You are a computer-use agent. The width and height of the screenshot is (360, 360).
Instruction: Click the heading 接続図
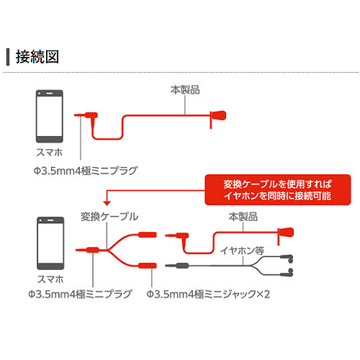pos(37,57)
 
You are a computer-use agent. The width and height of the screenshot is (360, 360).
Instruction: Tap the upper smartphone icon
pos(50,116)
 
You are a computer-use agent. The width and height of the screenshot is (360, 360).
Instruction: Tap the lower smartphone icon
pos(50,243)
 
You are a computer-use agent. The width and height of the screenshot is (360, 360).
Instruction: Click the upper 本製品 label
pos(185,90)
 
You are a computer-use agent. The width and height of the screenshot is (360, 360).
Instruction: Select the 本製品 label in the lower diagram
pos(243,217)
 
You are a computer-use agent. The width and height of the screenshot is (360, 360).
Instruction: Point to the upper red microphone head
pos(218,116)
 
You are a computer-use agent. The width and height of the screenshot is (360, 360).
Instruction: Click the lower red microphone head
pos(286,233)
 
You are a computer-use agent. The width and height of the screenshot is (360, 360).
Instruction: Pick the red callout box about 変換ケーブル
pos(278,189)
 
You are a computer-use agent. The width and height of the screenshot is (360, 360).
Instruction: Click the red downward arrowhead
pos(107,203)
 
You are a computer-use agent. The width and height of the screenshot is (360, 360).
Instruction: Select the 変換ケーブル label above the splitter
pos(109,217)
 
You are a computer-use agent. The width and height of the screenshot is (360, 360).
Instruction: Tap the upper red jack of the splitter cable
pos(148,235)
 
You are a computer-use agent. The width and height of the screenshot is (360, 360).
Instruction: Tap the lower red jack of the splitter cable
pos(148,266)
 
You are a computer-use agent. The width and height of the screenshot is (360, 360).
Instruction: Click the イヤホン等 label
pos(242,251)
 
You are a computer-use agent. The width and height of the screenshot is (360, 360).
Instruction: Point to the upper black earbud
pos(287,258)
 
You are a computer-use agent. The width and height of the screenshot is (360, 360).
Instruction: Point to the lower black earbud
pos(287,273)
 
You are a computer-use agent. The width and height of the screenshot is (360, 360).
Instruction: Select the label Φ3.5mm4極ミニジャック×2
pos(208,294)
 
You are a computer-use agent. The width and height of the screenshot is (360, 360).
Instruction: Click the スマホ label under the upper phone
pos(50,153)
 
